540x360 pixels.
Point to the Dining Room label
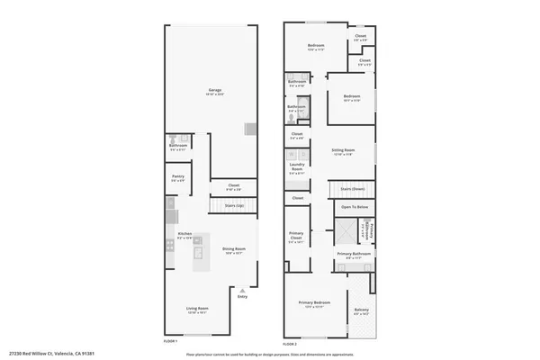pos(235,249)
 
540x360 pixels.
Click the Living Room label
pos(197,310)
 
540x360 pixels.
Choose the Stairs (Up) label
pos(236,204)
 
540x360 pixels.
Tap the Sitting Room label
pos(343,150)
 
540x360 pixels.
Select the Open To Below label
pos(355,207)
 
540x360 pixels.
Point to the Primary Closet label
pos(297,238)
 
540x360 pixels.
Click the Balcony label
pos(361,310)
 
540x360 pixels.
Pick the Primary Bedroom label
pos(315,303)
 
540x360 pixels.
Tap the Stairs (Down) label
pos(352,189)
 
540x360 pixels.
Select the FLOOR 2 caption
pos(290,344)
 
